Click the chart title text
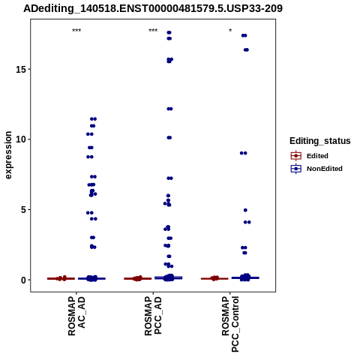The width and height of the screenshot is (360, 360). [x=153, y=8]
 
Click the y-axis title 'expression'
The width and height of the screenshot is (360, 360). [x=8, y=155]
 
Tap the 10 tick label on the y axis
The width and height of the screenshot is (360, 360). [x=21, y=139]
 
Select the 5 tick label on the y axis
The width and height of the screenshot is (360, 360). [x=23, y=209]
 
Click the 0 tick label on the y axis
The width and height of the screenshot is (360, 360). [x=23, y=280]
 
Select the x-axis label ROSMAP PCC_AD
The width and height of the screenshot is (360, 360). [x=153, y=316]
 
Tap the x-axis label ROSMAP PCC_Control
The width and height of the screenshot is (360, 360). [x=230, y=324]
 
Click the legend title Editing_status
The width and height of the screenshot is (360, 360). [x=320, y=141]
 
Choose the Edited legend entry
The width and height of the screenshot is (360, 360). [x=310, y=156]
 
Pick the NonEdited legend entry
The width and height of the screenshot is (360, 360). [x=316, y=169]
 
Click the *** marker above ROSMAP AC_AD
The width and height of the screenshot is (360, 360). [x=76, y=31]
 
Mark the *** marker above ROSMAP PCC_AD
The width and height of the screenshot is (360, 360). [x=153, y=31]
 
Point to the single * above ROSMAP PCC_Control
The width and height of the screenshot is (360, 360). [x=230, y=30]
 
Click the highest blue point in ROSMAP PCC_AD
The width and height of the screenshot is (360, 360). [x=169, y=32]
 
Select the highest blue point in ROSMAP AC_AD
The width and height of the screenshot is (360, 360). [x=93, y=119]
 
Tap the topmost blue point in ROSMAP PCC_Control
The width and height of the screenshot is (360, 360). [x=244, y=35]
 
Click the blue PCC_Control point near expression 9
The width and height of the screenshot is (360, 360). [x=244, y=153]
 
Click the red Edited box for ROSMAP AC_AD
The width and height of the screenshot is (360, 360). [x=61, y=278]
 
